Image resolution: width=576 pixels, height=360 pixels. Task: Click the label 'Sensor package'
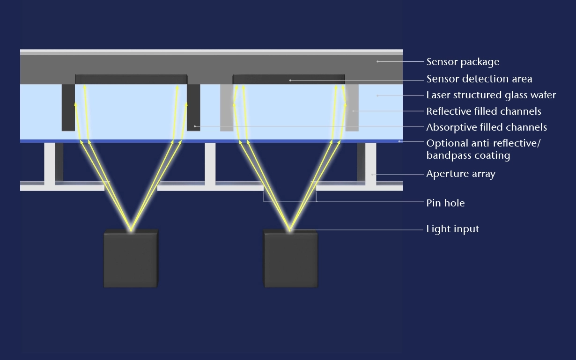point(456,62)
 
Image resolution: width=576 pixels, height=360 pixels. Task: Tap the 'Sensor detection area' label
point(479,79)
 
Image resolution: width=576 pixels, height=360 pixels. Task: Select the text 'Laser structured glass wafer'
point(491,95)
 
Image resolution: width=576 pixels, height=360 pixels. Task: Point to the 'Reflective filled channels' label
point(483,111)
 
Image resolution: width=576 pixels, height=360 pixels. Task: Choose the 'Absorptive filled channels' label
point(486,127)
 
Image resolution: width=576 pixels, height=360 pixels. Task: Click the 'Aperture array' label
point(460,174)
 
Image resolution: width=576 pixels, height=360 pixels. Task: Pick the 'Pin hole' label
point(445,203)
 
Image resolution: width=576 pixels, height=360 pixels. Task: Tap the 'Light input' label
point(452,229)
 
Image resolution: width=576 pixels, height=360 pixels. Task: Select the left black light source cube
point(130,259)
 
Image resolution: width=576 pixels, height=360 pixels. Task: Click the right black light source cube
point(291,259)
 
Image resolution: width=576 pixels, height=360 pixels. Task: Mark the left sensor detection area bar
point(131,80)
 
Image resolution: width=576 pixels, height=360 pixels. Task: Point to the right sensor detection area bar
point(289,80)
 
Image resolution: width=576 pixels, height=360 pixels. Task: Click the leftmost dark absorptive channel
point(68,108)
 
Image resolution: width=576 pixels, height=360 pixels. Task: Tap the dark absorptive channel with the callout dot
point(193,108)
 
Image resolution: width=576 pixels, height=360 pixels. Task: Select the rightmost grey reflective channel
point(352,108)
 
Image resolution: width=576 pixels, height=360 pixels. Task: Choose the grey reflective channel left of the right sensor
point(227,108)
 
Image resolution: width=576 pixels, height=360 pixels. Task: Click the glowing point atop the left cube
point(131,229)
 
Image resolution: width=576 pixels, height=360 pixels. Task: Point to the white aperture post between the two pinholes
point(210,164)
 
